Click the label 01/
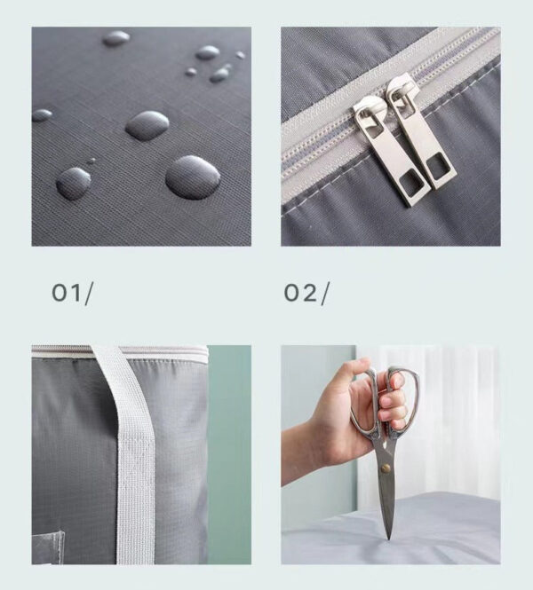[72, 294]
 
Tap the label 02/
[306, 294]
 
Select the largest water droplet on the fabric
[193, 177]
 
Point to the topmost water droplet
[116, 38]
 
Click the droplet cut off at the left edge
[42, 115]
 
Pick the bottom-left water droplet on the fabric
[74, 183]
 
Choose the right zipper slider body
[399, 91]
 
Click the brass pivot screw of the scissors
[386, 468]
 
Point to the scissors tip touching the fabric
[389, 539]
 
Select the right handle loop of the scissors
[404, 399]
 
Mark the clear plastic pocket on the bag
[48, 547]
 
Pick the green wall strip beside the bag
[229, 454]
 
